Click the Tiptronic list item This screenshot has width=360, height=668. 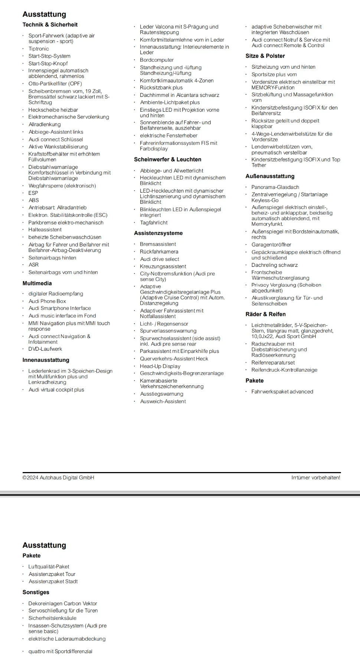39,49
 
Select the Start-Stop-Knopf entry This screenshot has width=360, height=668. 48,63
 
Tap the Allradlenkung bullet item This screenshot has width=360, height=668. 45,124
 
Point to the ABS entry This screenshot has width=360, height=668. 34,200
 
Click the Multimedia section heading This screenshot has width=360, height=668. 37,283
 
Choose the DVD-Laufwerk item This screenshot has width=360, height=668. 45,349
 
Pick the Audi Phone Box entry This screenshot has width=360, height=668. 47,301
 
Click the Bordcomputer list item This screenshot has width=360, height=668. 157,60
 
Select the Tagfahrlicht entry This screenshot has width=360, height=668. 154,223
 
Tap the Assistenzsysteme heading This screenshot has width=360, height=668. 158,233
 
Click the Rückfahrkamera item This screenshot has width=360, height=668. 159,252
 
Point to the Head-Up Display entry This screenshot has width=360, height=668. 160,366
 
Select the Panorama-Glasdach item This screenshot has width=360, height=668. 275,187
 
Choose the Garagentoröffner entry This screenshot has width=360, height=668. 271,245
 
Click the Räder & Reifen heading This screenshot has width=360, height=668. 265,314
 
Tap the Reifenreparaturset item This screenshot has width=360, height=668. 273,363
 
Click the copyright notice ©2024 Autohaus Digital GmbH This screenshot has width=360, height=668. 58,478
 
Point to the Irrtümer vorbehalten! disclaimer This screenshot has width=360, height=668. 315,478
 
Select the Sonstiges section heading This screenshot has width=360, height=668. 36,592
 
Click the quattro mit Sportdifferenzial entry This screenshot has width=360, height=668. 60,651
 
